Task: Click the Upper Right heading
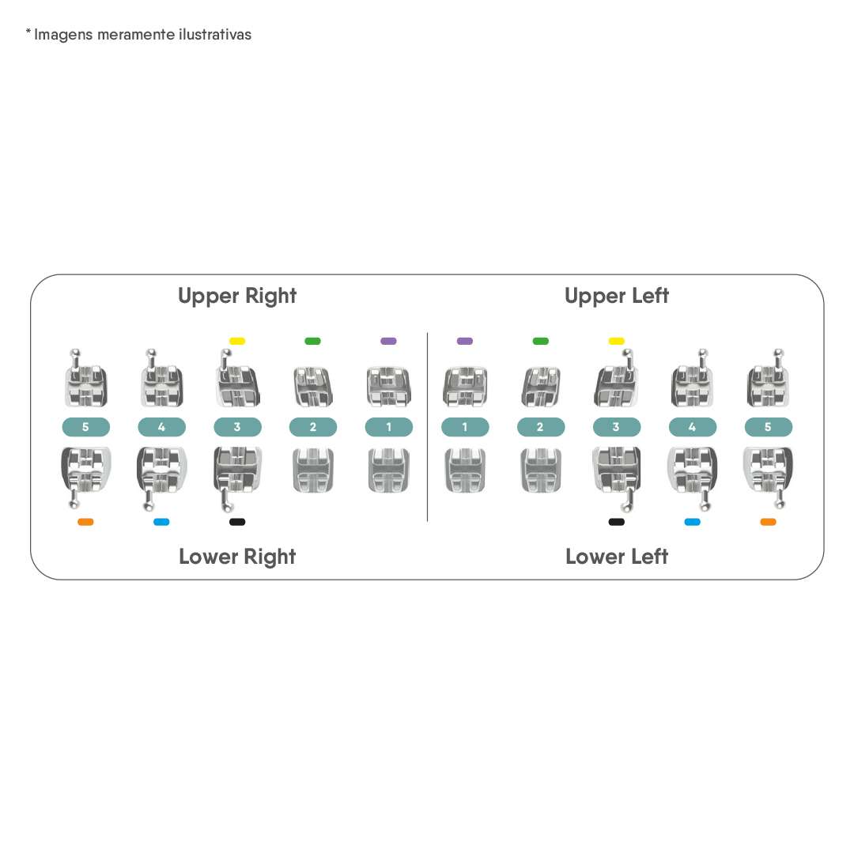coord(237,296)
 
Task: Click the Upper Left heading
coord(617,296)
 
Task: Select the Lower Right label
coord(237,557)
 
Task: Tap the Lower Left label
coord(617,557)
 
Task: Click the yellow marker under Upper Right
coord(237,341)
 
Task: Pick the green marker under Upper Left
coord(540,341)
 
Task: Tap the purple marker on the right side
coord(465,341)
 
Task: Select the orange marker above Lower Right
coord(85,522)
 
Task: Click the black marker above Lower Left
coord(617,522)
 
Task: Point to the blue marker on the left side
coord(161,522)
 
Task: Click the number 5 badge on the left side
coord(85,427)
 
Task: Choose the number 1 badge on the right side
coord(465,427)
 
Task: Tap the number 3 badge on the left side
coord(237,427)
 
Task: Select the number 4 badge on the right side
coord(692,427)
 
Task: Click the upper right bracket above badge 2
coord(312,387)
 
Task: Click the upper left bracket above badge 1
coord(465,387)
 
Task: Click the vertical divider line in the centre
coord(428,427)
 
